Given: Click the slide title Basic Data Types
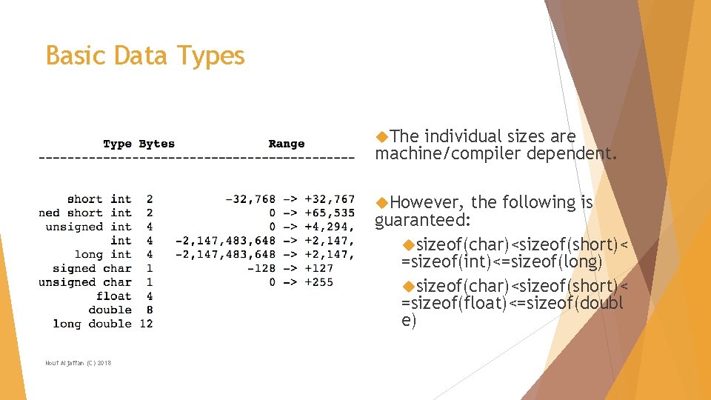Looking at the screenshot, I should click(x=145, y=56).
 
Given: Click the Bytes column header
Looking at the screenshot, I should click(x=156, y=144).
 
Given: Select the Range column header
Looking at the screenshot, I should click(x=286, y=144).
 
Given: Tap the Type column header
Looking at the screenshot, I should click(x=117, y=144).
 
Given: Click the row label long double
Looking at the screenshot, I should click(x=92, y=324).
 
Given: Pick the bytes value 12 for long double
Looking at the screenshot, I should click(x=146, y=324).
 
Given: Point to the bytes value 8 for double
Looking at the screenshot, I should click(x=150, y=310).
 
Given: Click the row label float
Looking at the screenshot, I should click(x=113, y=296).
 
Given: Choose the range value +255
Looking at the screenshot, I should click(x=318, y=282).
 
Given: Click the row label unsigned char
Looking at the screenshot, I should click(x=85, y=282).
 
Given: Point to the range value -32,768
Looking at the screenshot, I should click(x=250, y=199).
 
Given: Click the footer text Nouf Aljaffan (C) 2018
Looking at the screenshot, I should click(x=79, y=362).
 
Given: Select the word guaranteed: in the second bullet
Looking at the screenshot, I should click(x=423, y=221).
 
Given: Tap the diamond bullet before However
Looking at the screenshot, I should click(x=382, y=202).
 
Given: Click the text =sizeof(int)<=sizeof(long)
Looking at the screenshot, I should click(x=501, y=262).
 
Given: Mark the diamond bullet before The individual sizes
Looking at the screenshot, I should click(x=382, y=136).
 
